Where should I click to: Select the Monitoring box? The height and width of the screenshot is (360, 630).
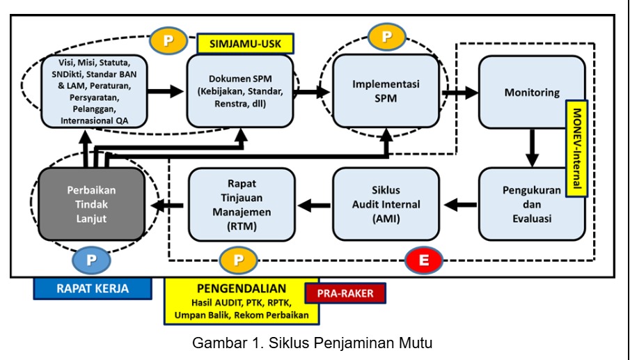coord(531,92)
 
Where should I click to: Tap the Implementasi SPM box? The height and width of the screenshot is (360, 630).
coord(385,91)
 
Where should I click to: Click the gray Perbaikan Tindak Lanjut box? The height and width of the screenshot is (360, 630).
coord(91,204)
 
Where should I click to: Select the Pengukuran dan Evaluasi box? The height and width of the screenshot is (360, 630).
coord(531,204)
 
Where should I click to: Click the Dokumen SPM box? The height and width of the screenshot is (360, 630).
coord(239,91)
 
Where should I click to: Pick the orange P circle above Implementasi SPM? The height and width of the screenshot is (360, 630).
coord(386,37)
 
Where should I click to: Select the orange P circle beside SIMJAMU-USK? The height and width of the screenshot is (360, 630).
coord(168,40)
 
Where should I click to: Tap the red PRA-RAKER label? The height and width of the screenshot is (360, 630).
coord(345,292)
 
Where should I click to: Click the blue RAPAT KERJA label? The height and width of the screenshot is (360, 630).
coord(91,288)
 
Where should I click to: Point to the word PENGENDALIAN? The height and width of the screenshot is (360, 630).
coord(242,288)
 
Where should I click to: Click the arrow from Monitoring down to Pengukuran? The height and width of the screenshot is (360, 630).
coord(531,146)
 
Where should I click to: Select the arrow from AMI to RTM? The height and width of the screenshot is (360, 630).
coord(315,204)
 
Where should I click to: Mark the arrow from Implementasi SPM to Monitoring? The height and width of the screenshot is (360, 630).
coord(461,91)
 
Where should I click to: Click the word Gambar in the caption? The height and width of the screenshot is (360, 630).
coord(215,343)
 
